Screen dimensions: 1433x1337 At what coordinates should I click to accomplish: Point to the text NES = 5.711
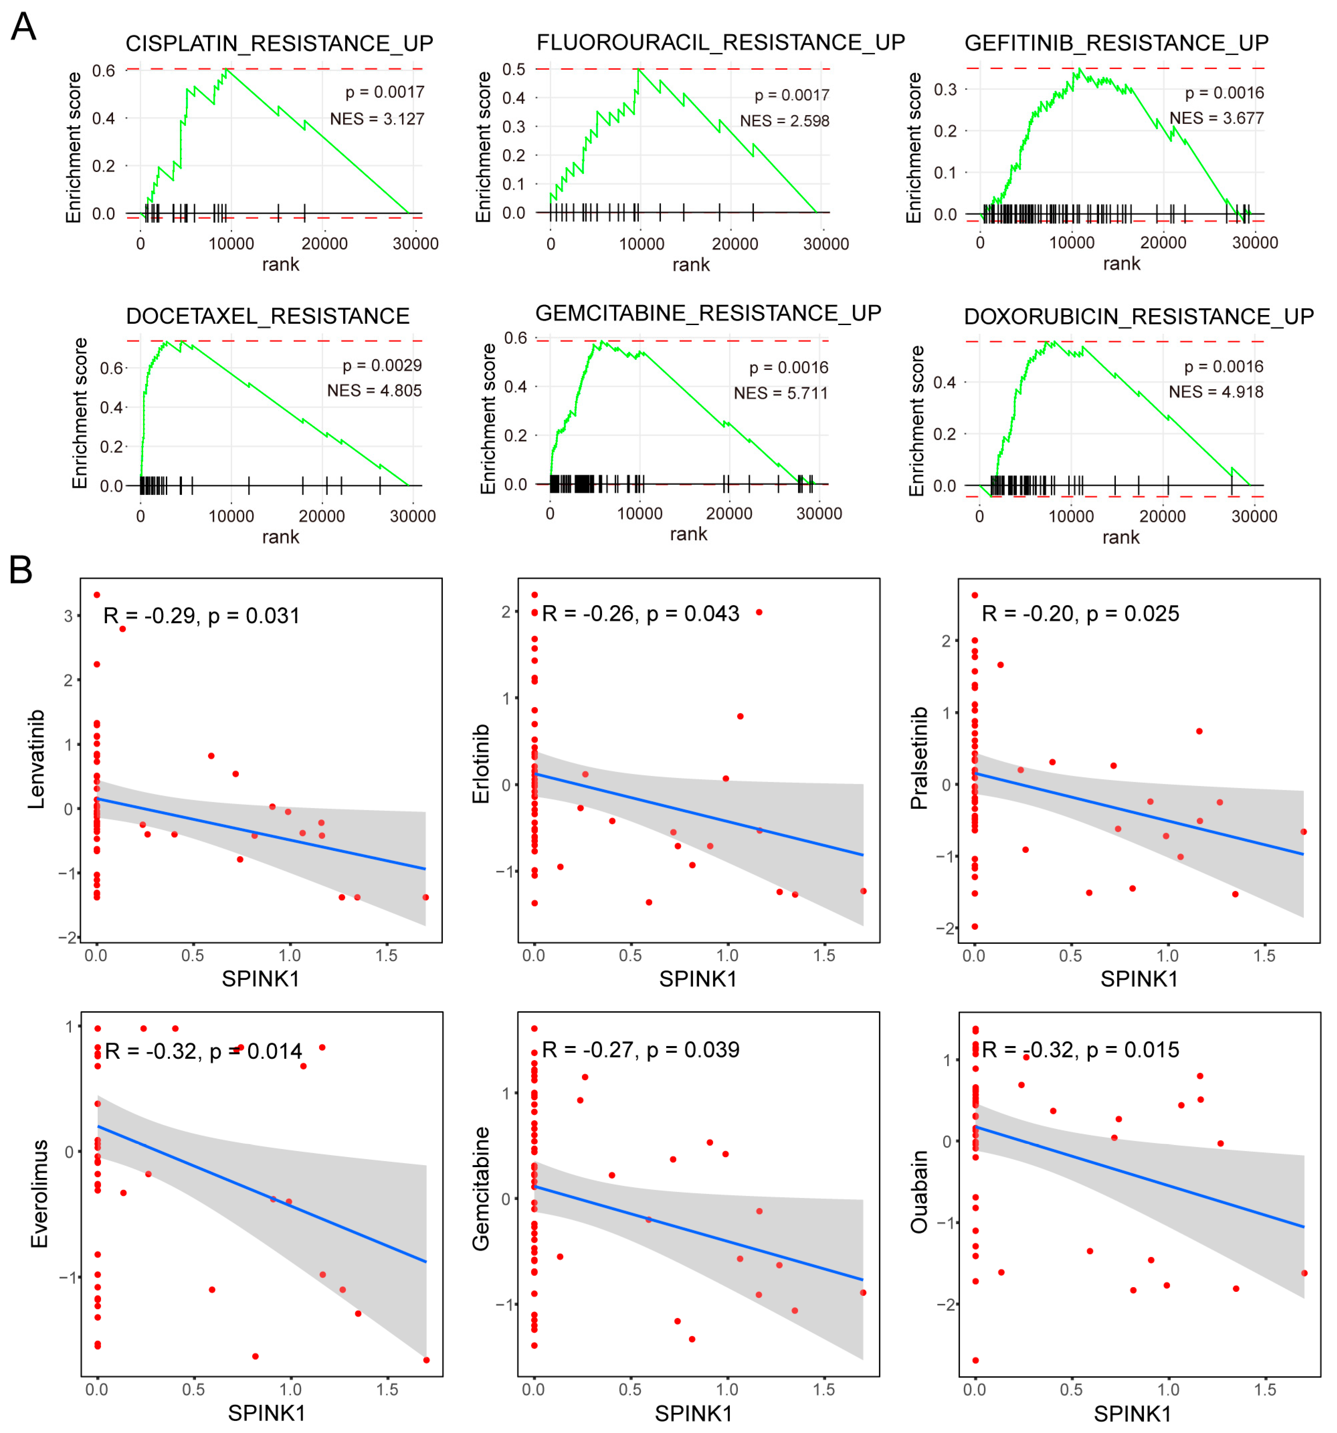781,393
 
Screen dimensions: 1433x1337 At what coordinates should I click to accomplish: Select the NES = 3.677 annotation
1216,117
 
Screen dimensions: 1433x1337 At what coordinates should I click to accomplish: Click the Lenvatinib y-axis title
36,759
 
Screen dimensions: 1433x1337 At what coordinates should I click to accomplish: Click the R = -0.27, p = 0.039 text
640,1049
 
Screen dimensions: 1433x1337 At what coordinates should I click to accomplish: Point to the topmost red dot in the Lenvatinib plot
97,595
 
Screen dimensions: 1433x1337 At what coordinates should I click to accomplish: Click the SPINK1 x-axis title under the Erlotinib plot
697,978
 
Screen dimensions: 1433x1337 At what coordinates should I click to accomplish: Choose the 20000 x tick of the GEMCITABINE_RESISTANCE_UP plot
729,513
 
